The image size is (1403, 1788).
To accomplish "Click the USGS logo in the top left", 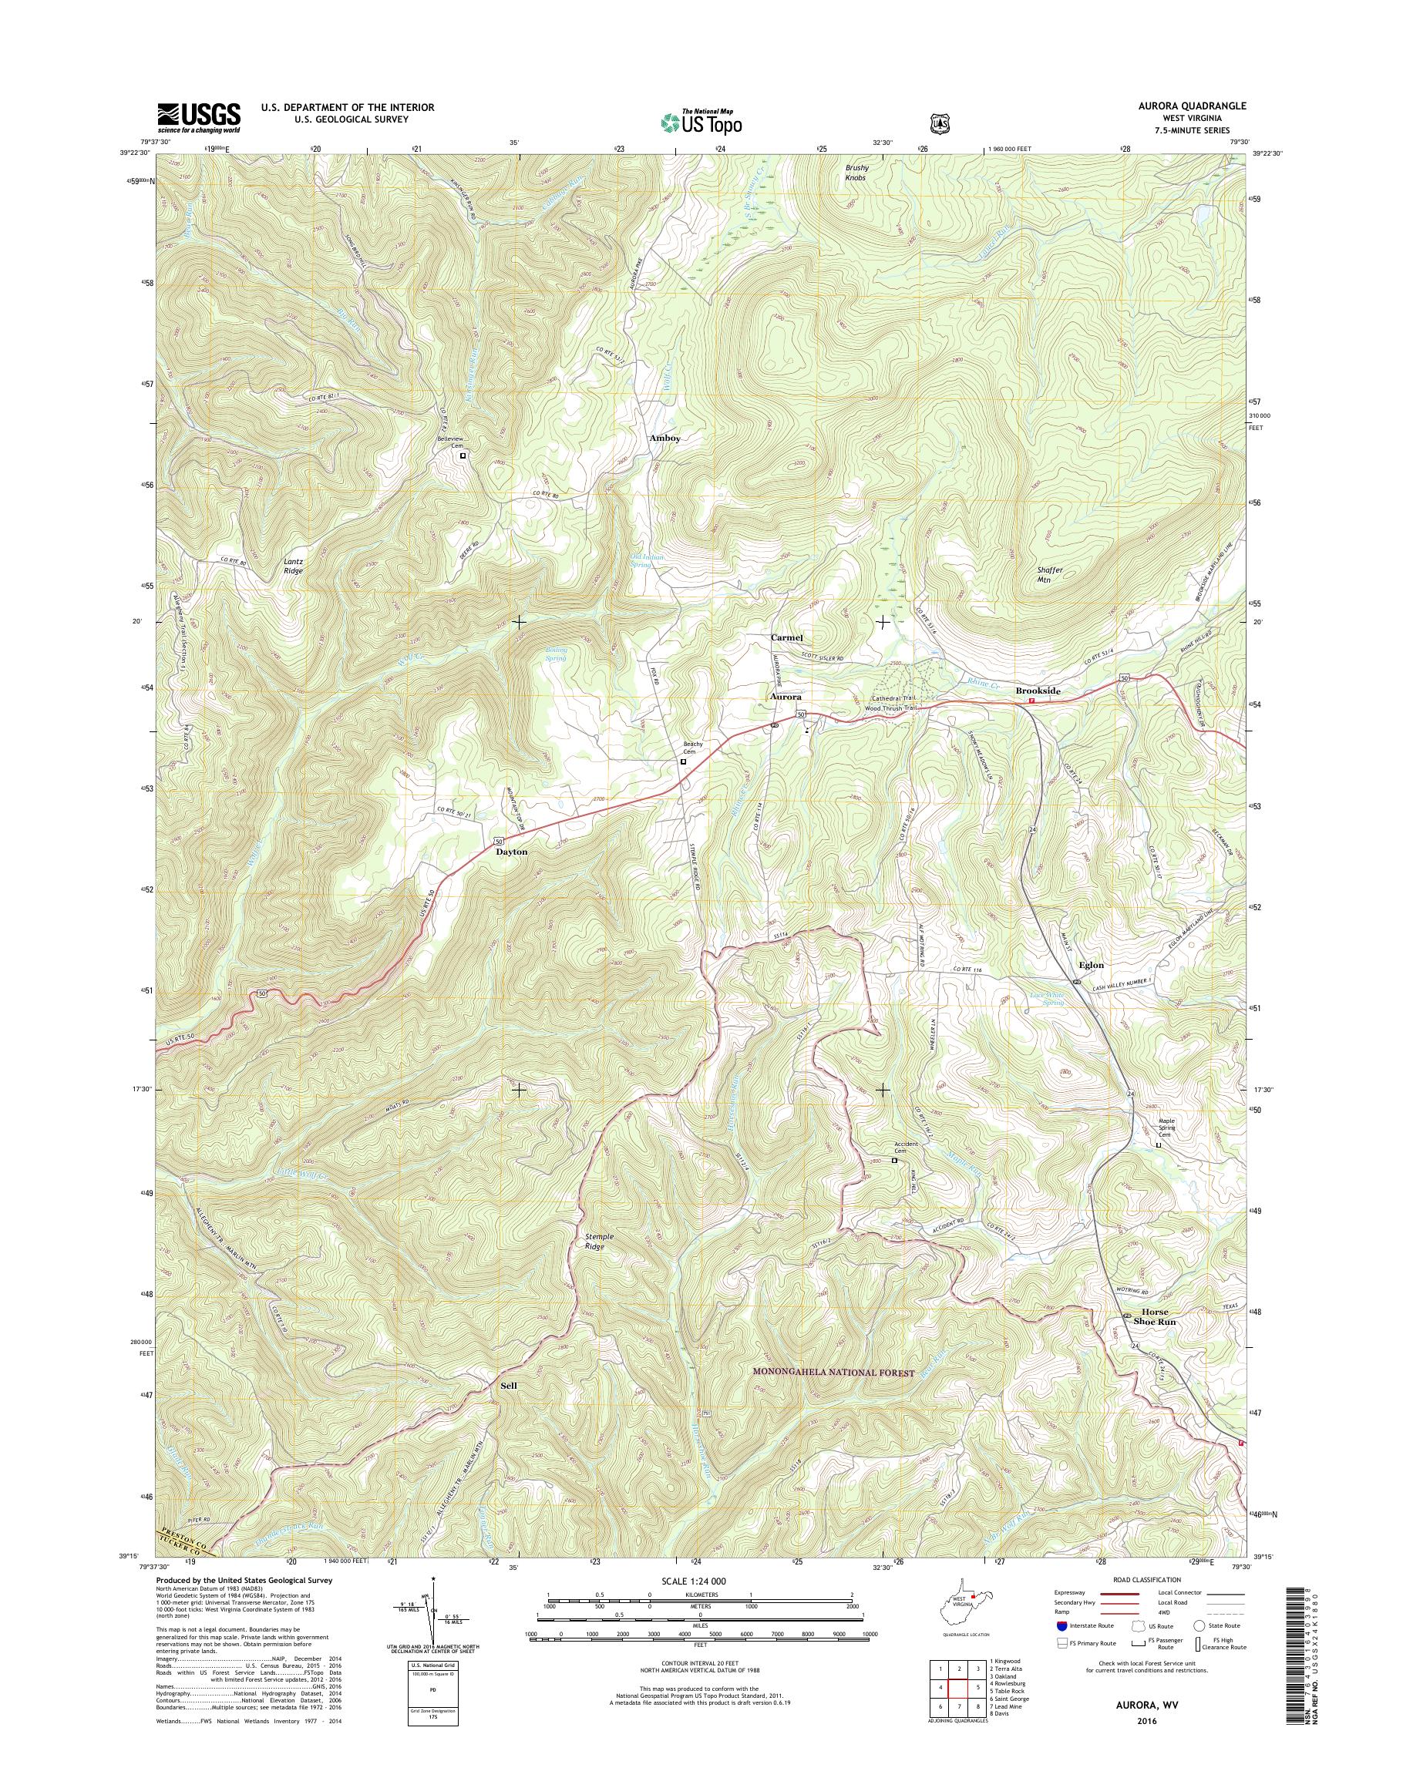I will coord(199,117).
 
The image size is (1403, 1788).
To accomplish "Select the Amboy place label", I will coord(664,439).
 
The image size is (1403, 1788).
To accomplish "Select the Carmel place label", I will coord(786,637).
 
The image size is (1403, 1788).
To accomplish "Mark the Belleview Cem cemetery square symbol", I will coord(463,455).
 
